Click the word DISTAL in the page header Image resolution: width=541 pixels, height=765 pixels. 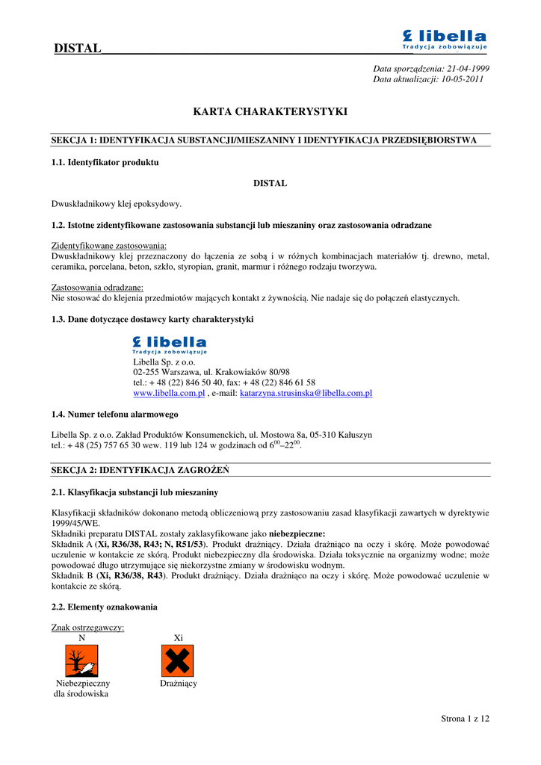tap(77, 49)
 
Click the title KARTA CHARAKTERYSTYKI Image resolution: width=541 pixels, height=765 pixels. tap(270, 112)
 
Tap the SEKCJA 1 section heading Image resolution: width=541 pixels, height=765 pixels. tap(264, 140)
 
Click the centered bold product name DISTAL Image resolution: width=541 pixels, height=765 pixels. tap(270, 183)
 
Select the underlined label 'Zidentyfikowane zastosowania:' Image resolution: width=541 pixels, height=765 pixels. tap(109, 246)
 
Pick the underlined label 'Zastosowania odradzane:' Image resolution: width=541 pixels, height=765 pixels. tap(97, 288)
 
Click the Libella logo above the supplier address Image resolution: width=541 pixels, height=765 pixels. tap(170, 344)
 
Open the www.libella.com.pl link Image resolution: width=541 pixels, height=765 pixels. tap(169, 393)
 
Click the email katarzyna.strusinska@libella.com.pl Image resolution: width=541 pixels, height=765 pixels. tap(306, 393)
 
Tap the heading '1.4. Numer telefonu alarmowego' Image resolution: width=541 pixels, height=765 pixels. tap(114, 414)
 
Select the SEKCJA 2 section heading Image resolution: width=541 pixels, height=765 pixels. tap(140, 471)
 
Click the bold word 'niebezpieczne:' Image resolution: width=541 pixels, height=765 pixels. tap(297, 534)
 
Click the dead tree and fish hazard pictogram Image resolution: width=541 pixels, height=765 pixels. tap(81, 660)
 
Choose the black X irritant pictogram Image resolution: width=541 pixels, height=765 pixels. tap(178, 660)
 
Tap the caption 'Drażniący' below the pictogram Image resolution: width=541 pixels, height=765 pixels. tap(179, 684)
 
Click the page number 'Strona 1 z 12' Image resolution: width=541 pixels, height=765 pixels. tap(465, 719)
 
